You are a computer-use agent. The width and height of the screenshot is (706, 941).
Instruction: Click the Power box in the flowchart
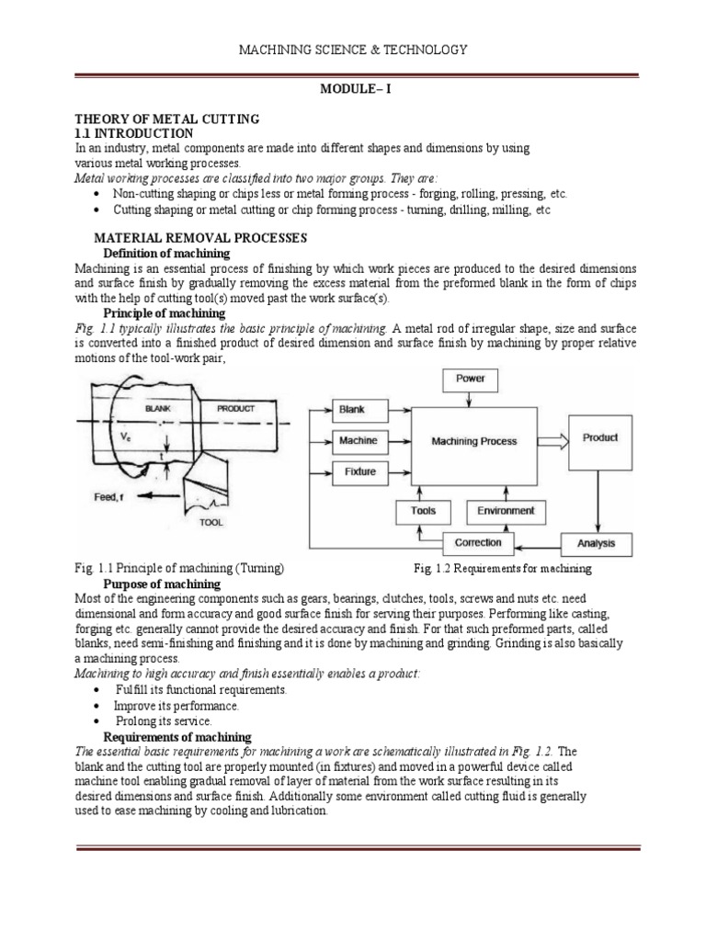pyautogui.click(x=470, y=378)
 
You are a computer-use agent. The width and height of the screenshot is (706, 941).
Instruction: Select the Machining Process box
pyautogui.click(x=473, y=441)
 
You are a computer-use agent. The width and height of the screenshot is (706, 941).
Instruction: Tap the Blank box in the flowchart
pyautogui.click(x=351, y=409)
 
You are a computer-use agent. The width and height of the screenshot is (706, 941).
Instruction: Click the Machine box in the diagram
pyautogui.click(x=357, y=441)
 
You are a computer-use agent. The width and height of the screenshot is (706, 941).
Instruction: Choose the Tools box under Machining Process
pyautogui.click(x=424, y=511)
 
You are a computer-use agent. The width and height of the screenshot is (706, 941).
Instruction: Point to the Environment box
pyautogui.click(x=507, y=511)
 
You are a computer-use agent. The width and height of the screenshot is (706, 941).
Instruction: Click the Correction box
pyautogui.click(x=478, y=542)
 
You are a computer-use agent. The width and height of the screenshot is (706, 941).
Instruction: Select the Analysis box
pyautogui.click(x=596, y=543)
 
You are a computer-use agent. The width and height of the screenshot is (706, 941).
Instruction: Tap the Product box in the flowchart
pyautogui.click(x=600, y=438)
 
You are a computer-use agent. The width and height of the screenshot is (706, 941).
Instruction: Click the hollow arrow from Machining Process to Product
pyautogui.click(x=552, y=441)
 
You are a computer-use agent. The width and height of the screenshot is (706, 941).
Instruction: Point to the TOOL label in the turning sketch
pyautogui.click(x=211, y=522)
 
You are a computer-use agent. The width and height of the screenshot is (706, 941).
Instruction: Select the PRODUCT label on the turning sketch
pyautogui.click(x=235, y=407)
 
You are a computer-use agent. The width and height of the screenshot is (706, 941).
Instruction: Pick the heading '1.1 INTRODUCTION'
pyautogui.click(x=133, y=133)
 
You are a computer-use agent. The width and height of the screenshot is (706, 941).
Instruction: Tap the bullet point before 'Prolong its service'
pyautogui.click(x=97, y=722)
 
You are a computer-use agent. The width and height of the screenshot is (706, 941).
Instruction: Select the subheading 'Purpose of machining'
pyautogui.click(x=162, y=584)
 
